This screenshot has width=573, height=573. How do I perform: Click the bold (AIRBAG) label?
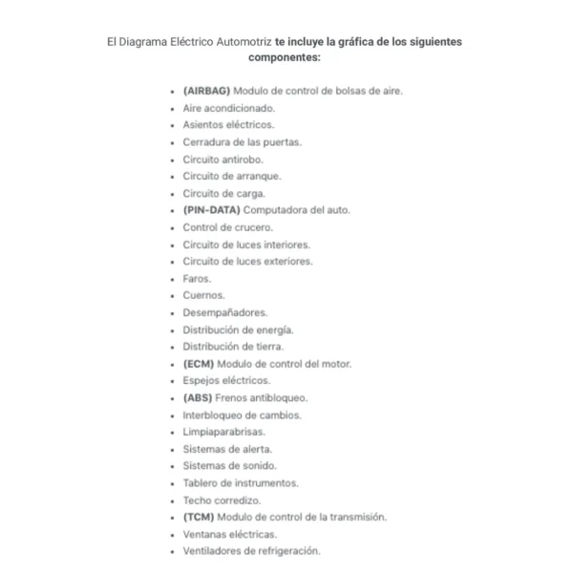(206, 91)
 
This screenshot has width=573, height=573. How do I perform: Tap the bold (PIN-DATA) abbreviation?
(211, 210)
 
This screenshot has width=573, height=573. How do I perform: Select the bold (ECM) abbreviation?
(199, 364)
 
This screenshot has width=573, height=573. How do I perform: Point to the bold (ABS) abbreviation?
(198, 398)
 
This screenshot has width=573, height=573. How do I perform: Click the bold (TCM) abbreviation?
(199, 517)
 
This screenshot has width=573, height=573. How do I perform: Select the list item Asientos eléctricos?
(228, 125)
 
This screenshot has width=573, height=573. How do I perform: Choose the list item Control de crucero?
(227, 227)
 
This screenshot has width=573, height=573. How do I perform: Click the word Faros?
(197, 279)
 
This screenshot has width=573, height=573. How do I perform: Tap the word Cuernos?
(202, 296)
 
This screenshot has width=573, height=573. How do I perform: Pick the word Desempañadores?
(225, 312)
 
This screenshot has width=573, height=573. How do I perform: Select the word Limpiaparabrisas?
(223, 432)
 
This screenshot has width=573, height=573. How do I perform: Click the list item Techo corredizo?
(222, 500)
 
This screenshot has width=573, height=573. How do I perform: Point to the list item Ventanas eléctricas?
(229, 534)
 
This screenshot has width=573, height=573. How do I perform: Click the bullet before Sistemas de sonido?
(173, 466)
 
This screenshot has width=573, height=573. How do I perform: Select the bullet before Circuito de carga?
(173, 194)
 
